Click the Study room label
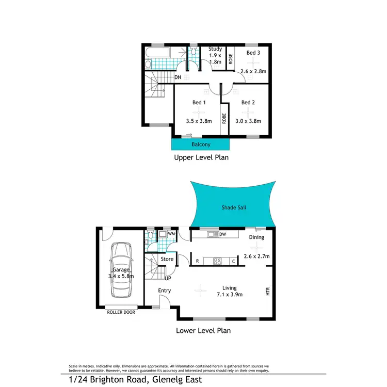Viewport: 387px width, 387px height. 215,49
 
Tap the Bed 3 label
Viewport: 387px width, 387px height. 253,53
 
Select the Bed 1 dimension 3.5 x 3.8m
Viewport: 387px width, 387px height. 199,121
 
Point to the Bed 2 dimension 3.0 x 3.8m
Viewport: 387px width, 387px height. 248,121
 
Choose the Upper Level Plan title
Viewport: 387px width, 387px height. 201,157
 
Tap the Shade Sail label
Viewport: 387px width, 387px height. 234,207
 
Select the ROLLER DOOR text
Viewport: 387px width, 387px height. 121,312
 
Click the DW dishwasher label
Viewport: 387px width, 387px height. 223,235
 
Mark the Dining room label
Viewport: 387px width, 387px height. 256,237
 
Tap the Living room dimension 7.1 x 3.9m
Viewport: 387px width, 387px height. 229,295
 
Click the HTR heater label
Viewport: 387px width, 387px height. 268,291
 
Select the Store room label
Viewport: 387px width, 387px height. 167,259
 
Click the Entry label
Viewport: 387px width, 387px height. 164,291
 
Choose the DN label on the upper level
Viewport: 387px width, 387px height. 178,77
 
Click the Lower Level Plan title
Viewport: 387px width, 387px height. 203,331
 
